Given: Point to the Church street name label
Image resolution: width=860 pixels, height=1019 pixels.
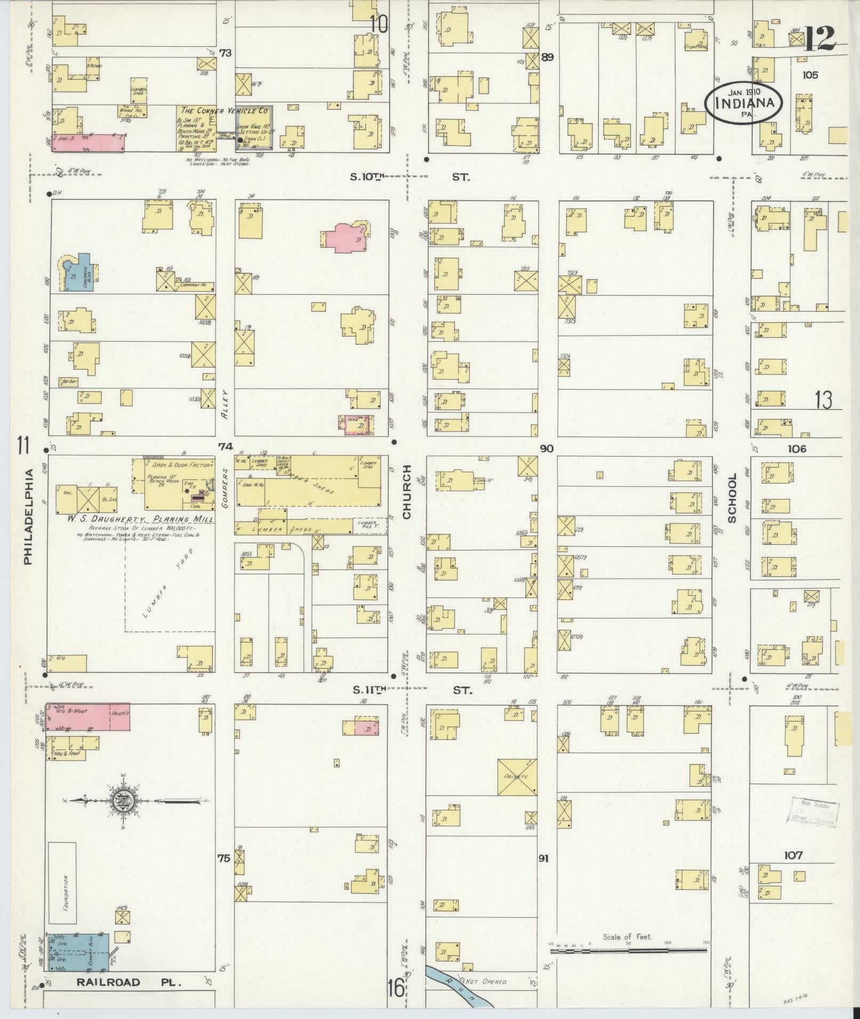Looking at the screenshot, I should point(407,491).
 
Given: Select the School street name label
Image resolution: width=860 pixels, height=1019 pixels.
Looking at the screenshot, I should point(732,498).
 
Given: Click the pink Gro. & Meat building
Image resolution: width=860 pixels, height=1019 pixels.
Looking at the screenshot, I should point(87,716).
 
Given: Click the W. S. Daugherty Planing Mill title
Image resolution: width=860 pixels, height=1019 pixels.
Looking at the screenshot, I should point(140,519).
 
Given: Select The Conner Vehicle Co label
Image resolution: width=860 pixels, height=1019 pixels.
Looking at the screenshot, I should point(224,111).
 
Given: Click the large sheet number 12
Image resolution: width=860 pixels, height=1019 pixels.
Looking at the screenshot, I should point(819,38).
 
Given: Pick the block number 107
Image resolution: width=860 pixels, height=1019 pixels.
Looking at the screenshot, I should point(793,855).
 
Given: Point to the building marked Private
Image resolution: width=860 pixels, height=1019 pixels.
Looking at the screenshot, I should point(516,777).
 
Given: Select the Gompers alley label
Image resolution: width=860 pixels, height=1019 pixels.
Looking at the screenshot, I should point(226,487).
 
